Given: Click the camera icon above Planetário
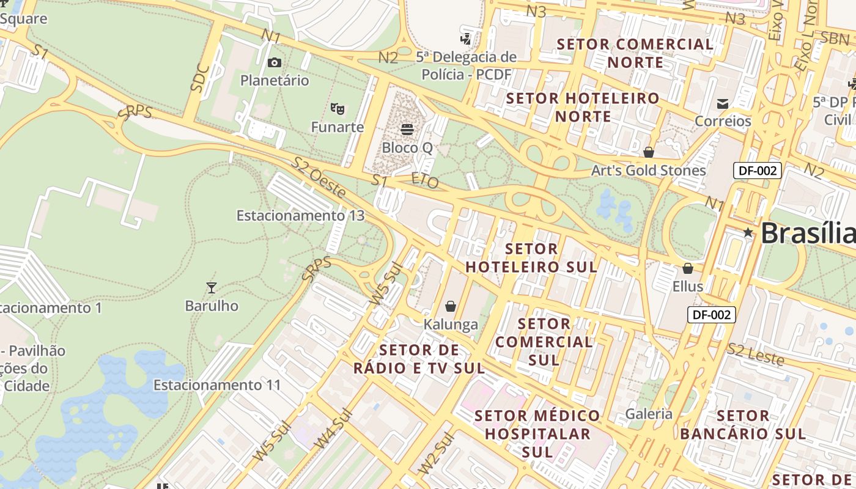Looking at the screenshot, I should pyautogui.click(x=275, y=62).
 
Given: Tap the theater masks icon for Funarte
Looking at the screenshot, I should pyautogui.click(x=337, y=109).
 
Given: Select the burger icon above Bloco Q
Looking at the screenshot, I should pyautogui.click(x=407, y=129).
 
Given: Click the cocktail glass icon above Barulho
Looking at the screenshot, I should pyautogui.click(x=212, y=287).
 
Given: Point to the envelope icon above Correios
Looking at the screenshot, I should pyautogui.click(x=723, y=103).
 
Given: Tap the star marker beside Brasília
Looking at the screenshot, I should pyautogui.click(x=748, y=232).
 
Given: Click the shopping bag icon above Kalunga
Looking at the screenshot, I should pyautogui.click(x=451, y=306).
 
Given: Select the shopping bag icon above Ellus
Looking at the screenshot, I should pyautogui.click(x=688, y=268).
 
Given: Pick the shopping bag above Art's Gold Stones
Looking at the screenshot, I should pyautogui.click(x=649, y=152).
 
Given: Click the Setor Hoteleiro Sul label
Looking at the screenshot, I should pyautogui.click(x=531, y=258).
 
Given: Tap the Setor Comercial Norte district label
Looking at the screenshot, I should pyautogui.click(x=635, y=53).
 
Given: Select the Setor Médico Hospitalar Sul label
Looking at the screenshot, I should pyautogui.click(x=537, y=433).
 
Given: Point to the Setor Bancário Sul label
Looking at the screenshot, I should pyautogui.click(x=743, y=425).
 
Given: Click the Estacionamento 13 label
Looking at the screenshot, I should pyautogui.click(x=300, y=215).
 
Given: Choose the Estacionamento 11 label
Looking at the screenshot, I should pyautogui.click(x=217, y=385).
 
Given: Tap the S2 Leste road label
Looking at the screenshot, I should pyautogui.click(x=756, y=355).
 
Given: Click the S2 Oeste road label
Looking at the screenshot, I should pyautogui.click(x=318, y=177).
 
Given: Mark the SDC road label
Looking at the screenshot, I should pyautogui.click(x=201, y=78).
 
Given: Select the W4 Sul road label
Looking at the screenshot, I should pyautogui.click(x=333, y=428).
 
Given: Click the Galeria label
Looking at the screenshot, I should pyautogui.click(x=649, y=414).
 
